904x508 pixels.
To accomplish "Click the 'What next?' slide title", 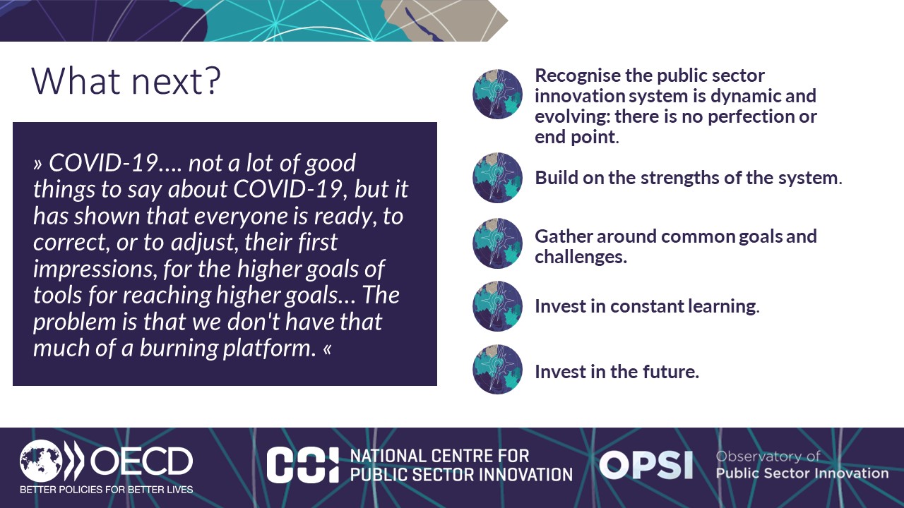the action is pyautogui.click(x=126, y=80).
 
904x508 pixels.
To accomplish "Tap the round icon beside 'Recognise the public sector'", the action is pyautogui.click(x=497, y=95).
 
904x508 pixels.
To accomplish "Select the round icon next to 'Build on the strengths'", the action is pyautogui.click(x=497, y=178).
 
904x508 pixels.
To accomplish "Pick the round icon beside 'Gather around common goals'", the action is pyautogui.click(x=497, y=243).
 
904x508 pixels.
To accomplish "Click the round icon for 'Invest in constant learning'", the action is pyautogui.click(x=497, y=306).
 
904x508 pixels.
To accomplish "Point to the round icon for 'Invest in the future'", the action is pyautogui.click(x=497, y=369).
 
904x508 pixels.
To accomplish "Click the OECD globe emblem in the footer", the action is pyautogui.click(x=41, y=461).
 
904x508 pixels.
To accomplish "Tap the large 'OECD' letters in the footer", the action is pyautogui.click(x=142, y=461).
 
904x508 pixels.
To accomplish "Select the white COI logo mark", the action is pyautogui.click(x=303, y=465).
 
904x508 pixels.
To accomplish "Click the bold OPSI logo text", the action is pyautogui.click(x=646, y=465).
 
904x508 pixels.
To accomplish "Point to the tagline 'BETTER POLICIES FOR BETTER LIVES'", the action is pyautogui.click(x=107, y=490).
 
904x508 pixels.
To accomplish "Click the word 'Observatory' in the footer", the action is pyautogui.click(x=759, y=456).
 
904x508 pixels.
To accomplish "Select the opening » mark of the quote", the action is pyautogui.click(x=38, y=164).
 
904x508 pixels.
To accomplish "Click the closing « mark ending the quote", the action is pyautogui.click(x=327, y=349).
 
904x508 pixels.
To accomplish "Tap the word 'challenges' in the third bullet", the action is pyautogui.click(x=581, y=258).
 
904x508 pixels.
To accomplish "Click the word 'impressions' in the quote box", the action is pyautogui.click(x=95, y=270).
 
